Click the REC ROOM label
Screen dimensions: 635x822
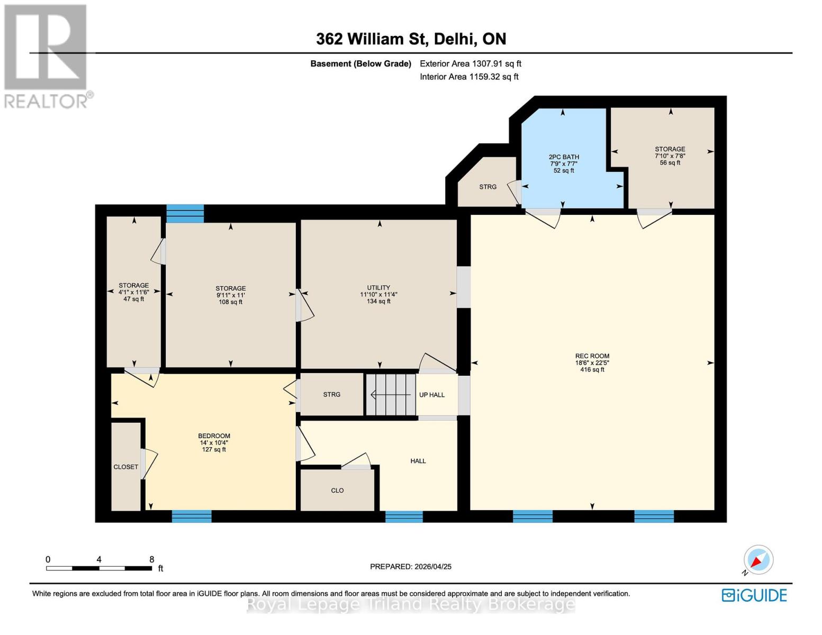592,356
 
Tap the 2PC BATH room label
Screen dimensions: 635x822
564,157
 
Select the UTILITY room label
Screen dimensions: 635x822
378,288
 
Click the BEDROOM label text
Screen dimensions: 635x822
214,436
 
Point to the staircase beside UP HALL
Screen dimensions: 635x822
391,395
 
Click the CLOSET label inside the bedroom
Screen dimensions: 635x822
125,467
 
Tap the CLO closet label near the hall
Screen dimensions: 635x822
337,491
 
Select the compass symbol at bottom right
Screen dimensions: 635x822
758,560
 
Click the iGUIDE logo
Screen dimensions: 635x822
754,595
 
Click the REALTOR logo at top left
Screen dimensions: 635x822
46,56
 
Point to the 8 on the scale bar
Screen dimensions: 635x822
152,559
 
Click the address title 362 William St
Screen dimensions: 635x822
411,39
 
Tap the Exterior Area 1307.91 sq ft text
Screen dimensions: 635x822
471,63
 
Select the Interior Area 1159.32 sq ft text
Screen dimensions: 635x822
469,77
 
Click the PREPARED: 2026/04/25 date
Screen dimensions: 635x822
411,567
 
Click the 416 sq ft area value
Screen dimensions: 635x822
592,369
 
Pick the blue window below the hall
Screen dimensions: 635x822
404,516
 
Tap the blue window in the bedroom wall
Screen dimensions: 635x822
192,516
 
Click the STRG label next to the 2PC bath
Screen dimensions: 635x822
487,187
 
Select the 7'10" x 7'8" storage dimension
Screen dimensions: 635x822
670,156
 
